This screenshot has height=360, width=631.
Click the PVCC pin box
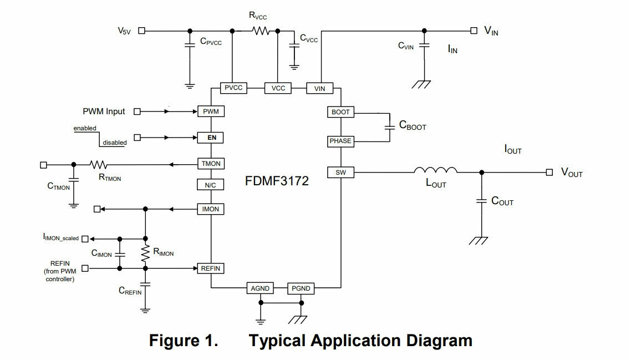(x=233, y=88)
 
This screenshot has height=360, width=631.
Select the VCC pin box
(x=278, y=88)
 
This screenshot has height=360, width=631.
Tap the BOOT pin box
(x=340, y=112)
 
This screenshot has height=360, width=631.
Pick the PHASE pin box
(x=340, y=141)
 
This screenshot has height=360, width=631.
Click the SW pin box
(x=340, y=173)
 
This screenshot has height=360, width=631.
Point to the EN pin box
(x=211, y=138)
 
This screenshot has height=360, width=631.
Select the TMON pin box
(x=211, y=164)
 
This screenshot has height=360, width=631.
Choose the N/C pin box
(x=211, y=185)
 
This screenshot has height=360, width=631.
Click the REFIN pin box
(x=211, y=268)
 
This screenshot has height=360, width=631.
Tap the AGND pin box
(x=260, y=288)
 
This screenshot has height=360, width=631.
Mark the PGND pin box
(x=301, y=288)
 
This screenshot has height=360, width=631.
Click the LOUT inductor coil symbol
(x=435, y=170)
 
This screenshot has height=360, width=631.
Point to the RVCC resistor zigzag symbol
(x=261, y=31)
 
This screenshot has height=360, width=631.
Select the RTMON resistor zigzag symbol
(x=99, y=165)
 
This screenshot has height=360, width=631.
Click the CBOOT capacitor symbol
(x=390, y=127)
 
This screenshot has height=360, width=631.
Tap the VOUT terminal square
(x=549, y=173)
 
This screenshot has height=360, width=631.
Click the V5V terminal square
(x=141, y=31)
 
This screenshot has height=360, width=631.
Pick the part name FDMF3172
(x=277, y=181)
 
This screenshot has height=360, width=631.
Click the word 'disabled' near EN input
(x=115, y=143)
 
